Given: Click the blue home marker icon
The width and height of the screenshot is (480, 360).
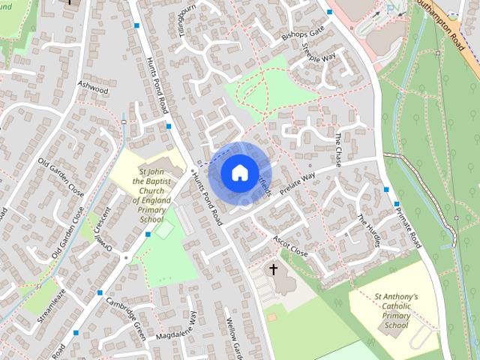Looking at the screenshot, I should click(x=238, y=172).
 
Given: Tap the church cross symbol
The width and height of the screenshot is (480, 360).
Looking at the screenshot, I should click(x=274, y=268).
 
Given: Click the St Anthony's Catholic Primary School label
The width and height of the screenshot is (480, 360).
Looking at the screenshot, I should click(x=397, y=311).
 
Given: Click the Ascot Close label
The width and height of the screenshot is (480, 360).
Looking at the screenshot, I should click(x=290, y=246).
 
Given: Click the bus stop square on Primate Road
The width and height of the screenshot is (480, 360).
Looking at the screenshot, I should click(x=386, y=190).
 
